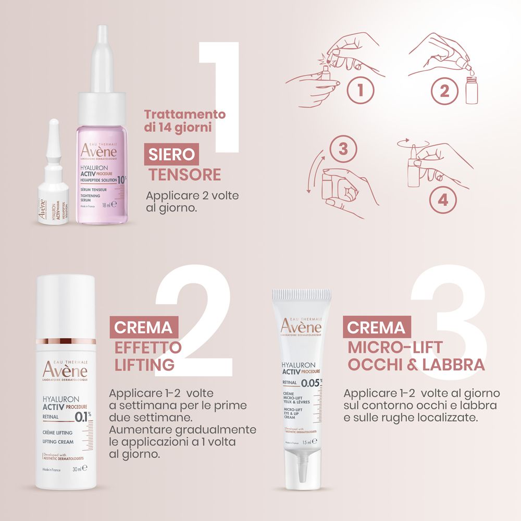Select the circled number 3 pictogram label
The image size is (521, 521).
(342, 148)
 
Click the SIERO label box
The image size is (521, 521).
(171, 154)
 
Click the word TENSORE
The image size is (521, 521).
(185, 175)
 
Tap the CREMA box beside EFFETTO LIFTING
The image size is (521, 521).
(143, 328)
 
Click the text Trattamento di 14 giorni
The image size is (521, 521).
(184, 121)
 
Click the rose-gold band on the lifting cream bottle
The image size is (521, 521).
(66, 341)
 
